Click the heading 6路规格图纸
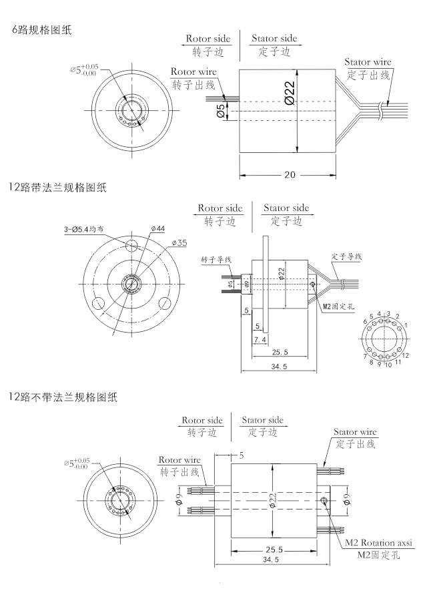41,29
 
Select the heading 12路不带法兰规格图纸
63,398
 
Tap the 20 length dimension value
290,175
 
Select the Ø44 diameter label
158,229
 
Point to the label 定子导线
346,256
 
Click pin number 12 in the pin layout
405,356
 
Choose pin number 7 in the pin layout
365,356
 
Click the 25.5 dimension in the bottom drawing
274,550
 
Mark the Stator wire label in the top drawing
368,62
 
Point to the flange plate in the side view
265,284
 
